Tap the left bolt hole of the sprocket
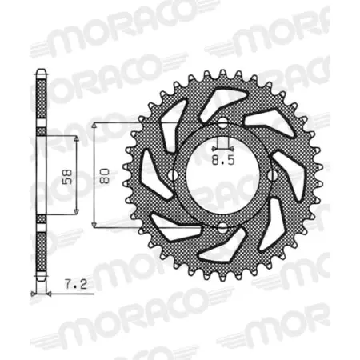(x=172, y=176)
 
